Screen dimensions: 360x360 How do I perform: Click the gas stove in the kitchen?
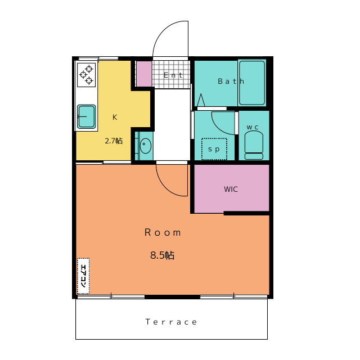point(86,75)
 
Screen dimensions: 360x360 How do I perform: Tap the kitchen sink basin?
point(86,116)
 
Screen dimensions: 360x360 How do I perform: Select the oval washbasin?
point(146,145)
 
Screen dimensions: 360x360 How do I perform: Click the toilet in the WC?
point(254,145)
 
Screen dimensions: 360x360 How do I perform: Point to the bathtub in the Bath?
point(252,83)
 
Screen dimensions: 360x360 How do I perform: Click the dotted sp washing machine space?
point(214,148)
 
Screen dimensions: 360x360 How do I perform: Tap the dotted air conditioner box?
point(83,276)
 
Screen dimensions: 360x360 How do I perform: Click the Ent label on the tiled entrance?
point(173,75)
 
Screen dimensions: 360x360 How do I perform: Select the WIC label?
point(231,189)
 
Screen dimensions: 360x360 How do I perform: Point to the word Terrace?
point(171,322)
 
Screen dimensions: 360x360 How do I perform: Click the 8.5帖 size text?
point(163,255)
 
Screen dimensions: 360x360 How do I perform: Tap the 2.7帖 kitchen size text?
point(114,141)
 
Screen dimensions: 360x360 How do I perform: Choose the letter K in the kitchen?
point(115,118)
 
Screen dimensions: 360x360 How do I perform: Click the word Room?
point(163,232)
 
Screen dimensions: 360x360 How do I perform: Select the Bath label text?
point(231,81)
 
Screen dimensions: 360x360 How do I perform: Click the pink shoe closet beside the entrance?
point(144,74)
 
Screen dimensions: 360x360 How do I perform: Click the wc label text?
point(253,127)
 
